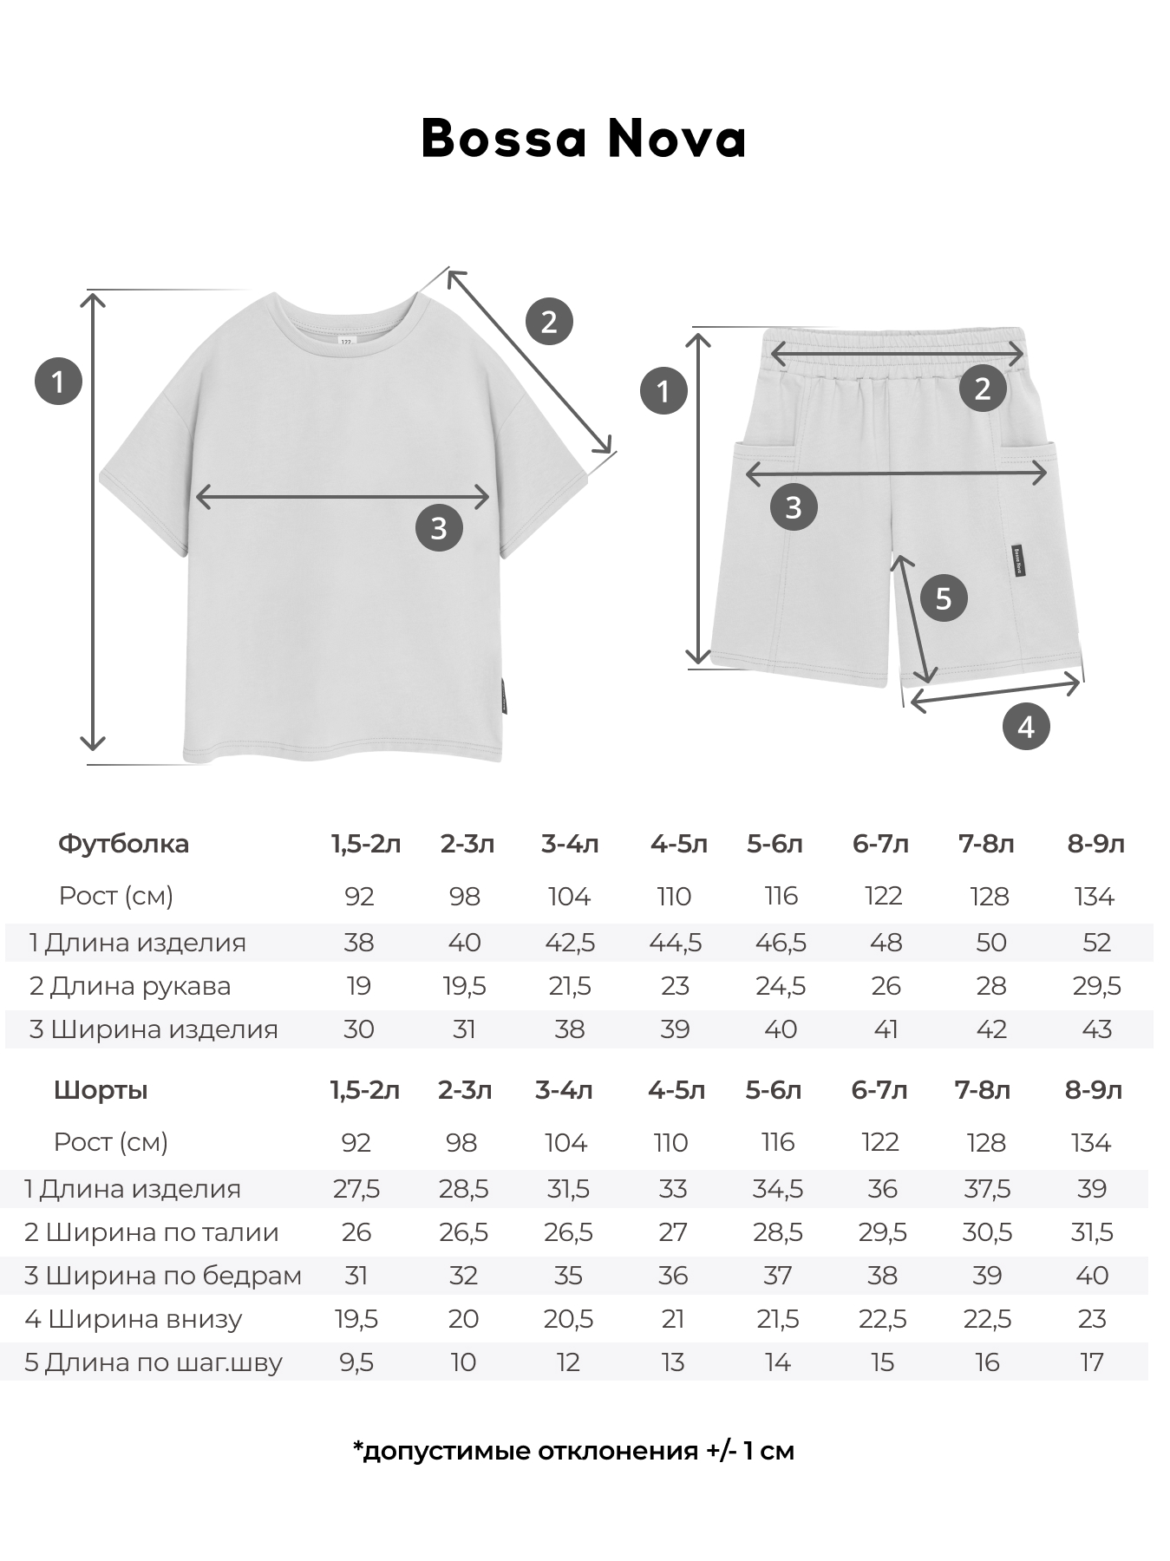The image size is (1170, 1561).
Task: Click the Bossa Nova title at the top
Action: point(584,139)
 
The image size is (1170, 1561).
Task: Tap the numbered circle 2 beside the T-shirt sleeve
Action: point(549,322)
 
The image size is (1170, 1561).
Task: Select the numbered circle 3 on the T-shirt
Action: point(439,527)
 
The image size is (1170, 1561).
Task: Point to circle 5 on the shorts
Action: point(944,598)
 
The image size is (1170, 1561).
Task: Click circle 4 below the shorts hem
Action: point(1025,727)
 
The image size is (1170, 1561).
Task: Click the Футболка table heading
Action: point(123,844)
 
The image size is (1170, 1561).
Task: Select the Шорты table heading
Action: point(101,1090)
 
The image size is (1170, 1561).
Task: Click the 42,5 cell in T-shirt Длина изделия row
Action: point(570,943)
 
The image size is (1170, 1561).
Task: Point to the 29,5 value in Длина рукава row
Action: point(1096,986)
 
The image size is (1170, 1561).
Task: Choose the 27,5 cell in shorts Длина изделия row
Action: point(356,1189)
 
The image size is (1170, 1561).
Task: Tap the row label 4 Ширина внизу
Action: point(134,1319)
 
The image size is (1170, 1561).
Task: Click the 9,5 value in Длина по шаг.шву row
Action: point(356,1362)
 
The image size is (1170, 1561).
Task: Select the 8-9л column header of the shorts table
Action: point(1093,1090)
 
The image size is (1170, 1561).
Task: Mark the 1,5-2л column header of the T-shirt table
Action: point(365,844)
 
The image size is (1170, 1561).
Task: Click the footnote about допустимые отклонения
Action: point(573,1451)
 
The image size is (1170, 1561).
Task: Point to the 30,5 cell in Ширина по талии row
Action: point(987,1232)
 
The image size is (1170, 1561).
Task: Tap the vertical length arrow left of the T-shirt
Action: point(93,520)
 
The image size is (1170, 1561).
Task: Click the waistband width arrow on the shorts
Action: point(898,354)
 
